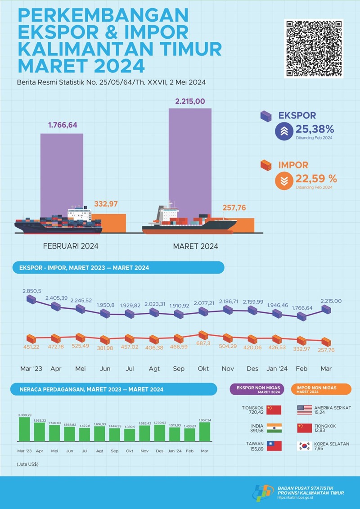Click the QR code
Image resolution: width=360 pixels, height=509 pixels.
point(314,48)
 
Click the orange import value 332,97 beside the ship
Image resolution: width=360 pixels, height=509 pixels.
point(106,204)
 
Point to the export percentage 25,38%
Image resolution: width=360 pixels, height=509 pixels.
point(315,130)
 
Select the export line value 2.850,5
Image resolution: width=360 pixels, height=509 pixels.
point(32,291)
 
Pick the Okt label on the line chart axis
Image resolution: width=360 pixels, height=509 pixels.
point(203,369)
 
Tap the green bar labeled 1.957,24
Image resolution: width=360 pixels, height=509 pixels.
point(205,431)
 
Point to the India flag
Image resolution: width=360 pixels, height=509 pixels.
point(274,428)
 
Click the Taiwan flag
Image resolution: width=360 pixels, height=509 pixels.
point(274,446)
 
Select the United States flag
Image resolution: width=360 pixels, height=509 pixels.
point(305,410)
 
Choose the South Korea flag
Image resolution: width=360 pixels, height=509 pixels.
point(305,446)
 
